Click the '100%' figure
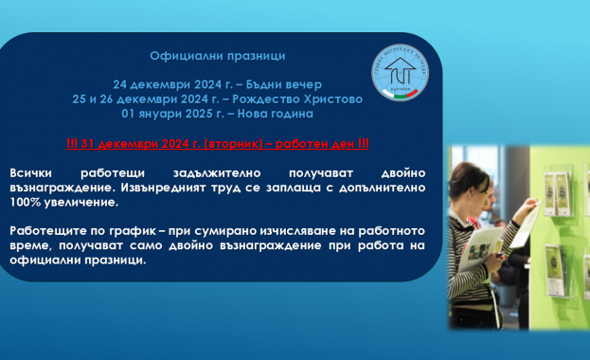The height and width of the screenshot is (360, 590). (27, 203)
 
